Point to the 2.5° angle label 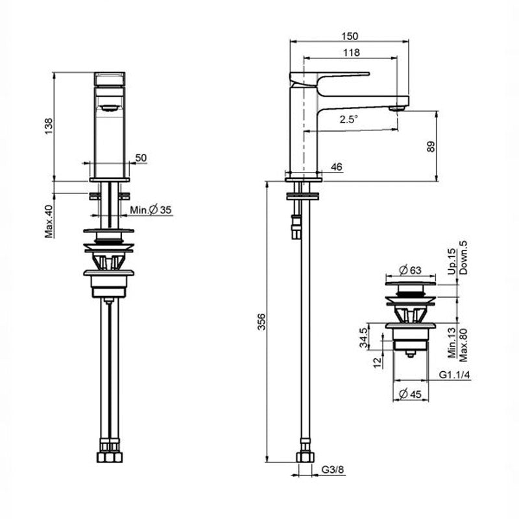(349, 119)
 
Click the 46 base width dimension (336, 167)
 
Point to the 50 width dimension (141, 158)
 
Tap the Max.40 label (48, 221)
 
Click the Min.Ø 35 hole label (151, 210)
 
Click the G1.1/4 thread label (454, 376)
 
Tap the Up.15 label (452, 261)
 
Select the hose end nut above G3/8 (304, 457)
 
